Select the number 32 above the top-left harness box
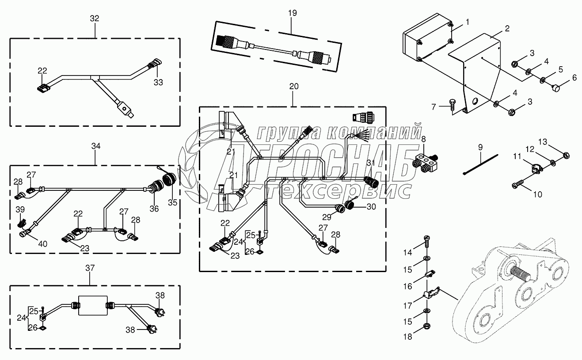point(95,19)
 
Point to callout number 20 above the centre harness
point(294,87)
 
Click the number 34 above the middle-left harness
point(96,145)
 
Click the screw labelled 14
point(427,239)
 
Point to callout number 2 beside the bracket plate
point(507,29)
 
